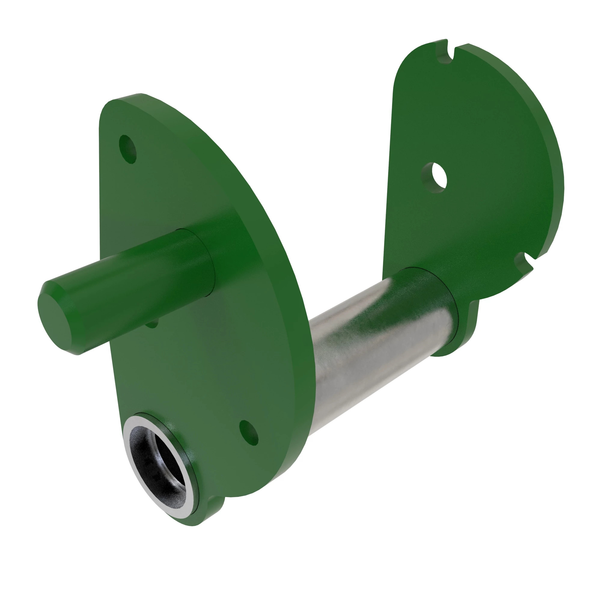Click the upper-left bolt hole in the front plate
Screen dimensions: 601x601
[x=128, y=149]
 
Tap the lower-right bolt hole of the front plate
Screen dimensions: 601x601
[x=249, y=432]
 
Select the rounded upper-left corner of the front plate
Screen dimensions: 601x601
[x=109, y=109]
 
